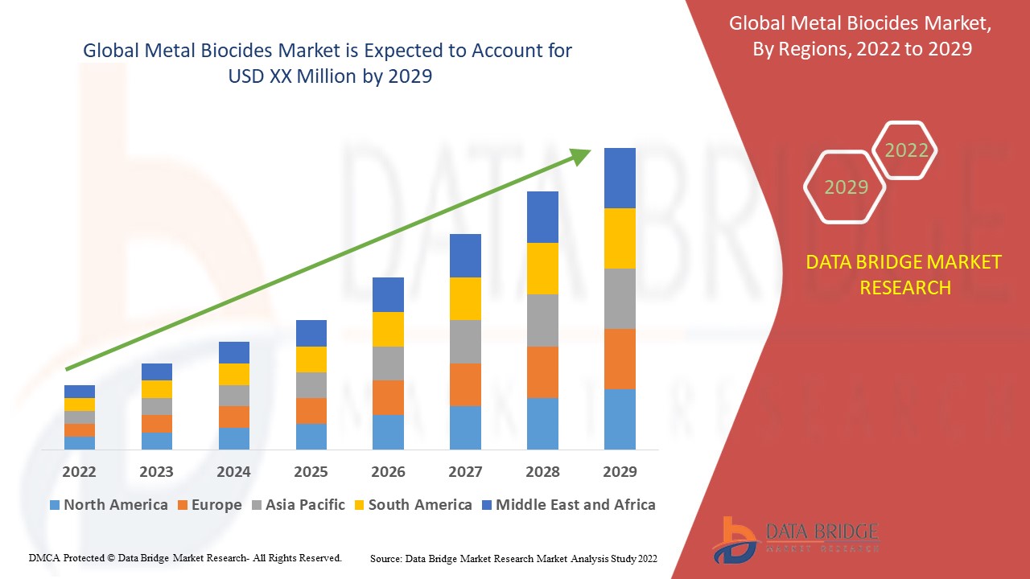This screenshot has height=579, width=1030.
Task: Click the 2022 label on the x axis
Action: pos(79,471)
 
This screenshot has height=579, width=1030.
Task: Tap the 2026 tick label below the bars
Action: pos(388,471)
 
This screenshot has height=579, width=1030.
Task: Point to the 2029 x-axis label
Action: pos(620,471)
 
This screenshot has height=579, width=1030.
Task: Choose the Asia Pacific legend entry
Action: pos(299,505)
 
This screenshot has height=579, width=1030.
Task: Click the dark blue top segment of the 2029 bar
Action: pos(620,178)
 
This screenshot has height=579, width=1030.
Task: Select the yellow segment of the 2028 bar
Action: pos(542,269)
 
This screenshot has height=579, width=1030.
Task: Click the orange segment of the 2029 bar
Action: pos(620,359)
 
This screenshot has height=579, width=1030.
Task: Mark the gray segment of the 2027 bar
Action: pos(465,342)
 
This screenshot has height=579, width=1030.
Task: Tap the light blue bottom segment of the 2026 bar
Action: pos(388,432)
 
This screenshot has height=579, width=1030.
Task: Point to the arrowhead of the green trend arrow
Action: pos(581,156)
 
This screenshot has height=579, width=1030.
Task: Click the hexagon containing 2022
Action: pos(906,150)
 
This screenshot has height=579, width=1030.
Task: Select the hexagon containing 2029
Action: pos(845,187)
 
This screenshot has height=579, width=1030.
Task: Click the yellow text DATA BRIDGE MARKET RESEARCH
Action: pos(904,275)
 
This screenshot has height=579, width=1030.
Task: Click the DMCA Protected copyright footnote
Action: pos(185,557)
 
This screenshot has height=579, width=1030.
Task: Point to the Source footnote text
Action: pos(513,558)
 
